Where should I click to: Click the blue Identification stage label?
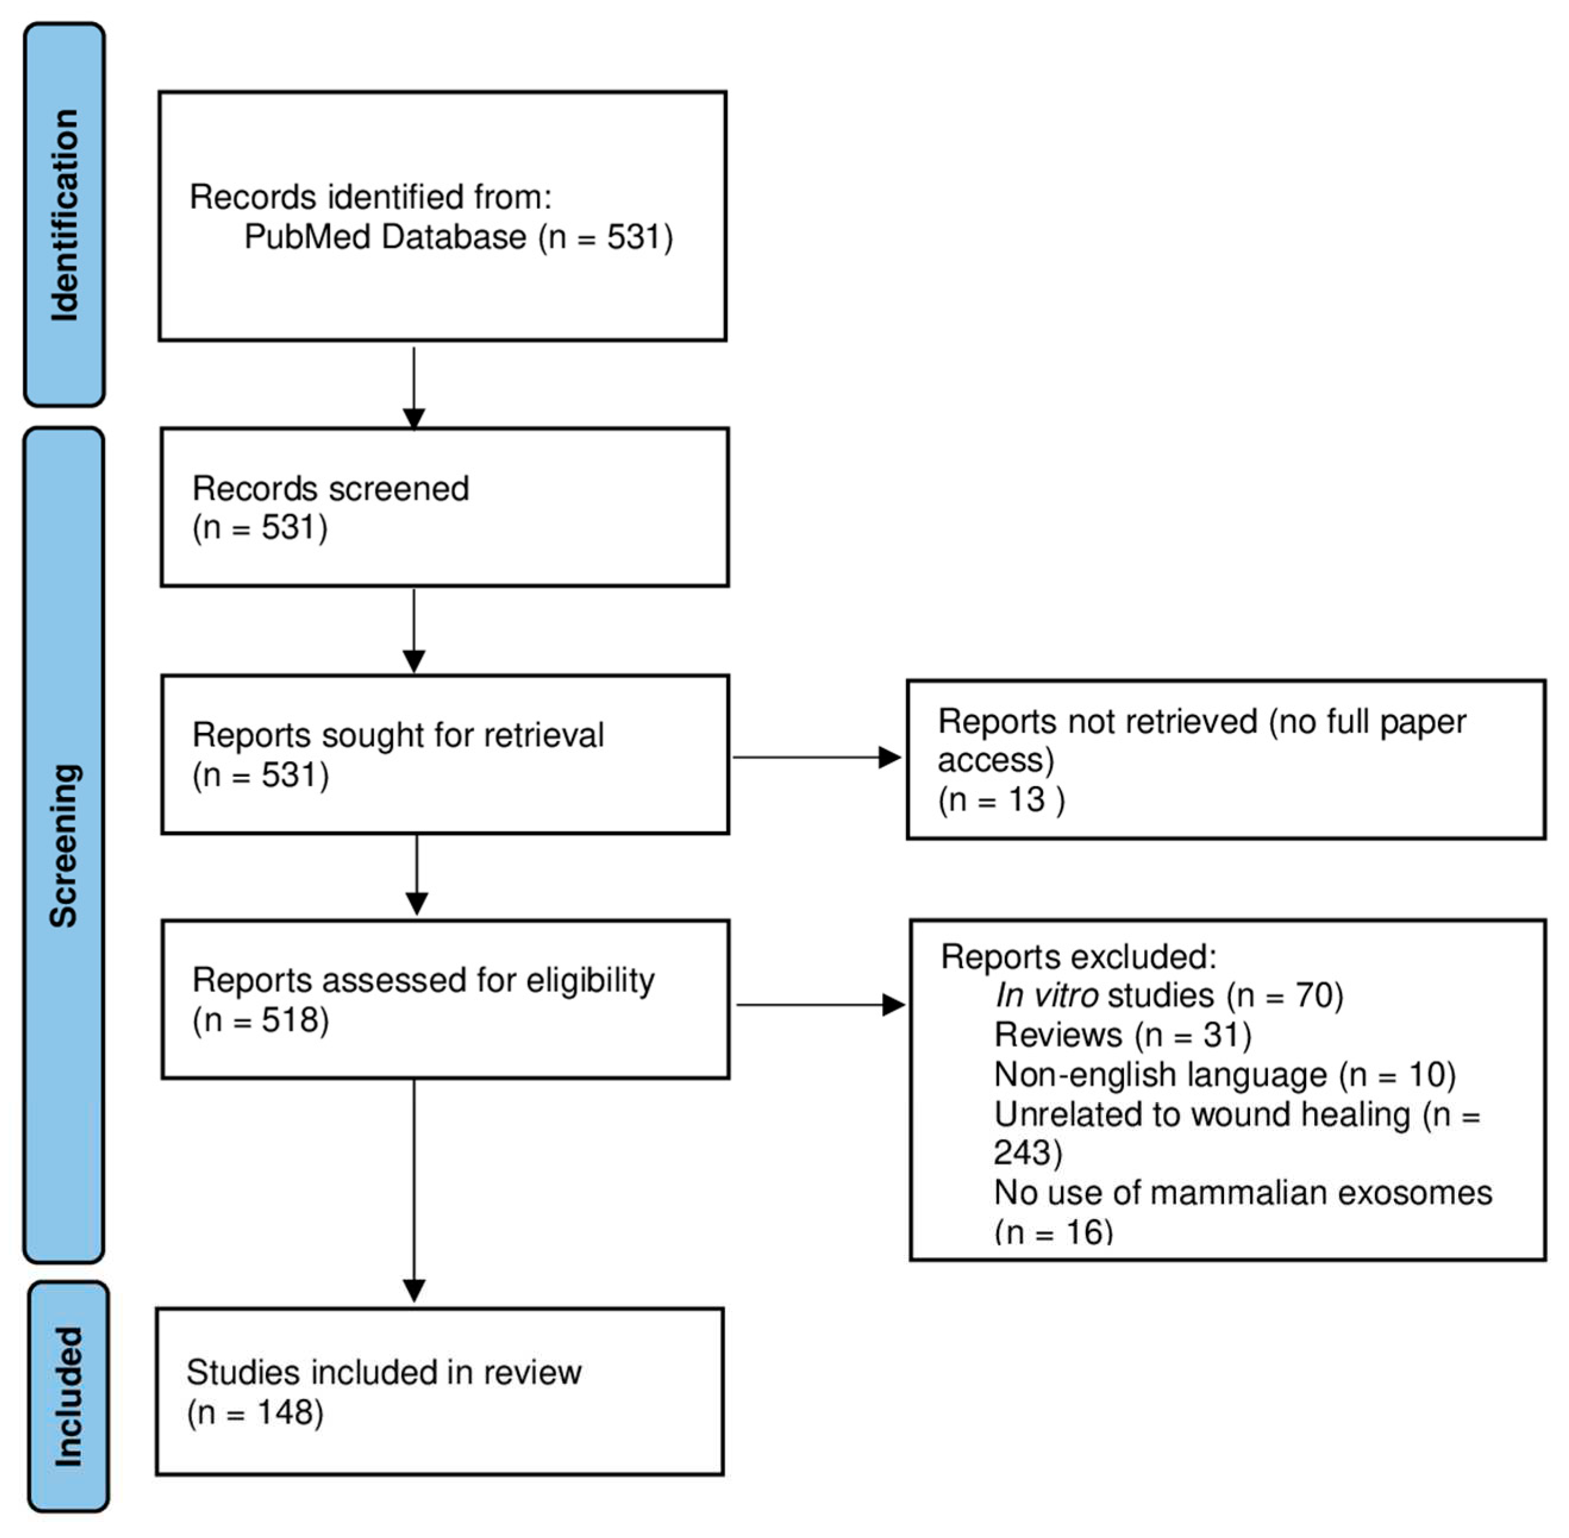tap(65, 215)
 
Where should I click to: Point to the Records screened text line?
tap(330, 489)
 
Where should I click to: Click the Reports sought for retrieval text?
tap(397, 735)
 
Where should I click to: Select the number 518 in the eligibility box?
tap(289, 1020)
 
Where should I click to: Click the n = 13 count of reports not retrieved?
tap(1002, 800)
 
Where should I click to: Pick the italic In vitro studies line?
tap(1168, 995)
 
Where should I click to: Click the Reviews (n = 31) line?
tap(1122, 1035)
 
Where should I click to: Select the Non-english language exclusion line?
tap(1224, 1074)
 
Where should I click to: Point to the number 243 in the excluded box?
tap(1023, 1153)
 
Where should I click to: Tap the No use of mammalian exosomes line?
tap(1242, 1192)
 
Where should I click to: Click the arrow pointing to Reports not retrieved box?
tap(816, 757)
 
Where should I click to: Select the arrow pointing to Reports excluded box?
tap(819, 1005)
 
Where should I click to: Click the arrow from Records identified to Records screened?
tap(414, 388)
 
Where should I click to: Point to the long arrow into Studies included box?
tap(414, 1188)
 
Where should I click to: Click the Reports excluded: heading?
tap(1078, 956)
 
